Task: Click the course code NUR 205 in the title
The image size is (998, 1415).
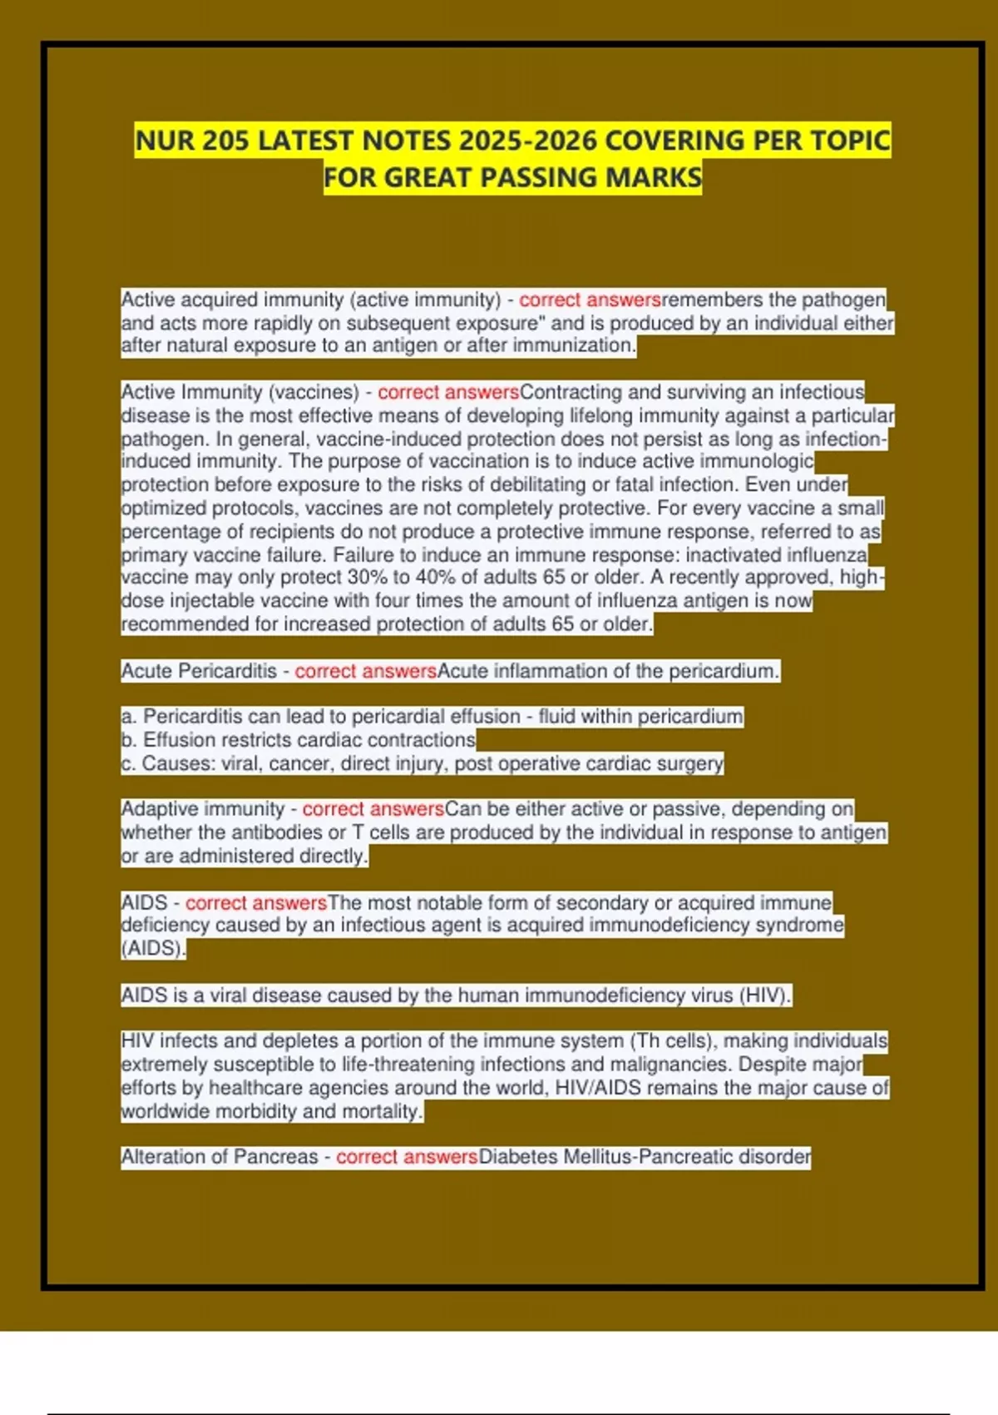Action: pos(192,141)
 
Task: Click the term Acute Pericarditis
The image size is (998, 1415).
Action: pos(199,671)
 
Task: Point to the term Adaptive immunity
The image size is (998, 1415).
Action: pos(203,809)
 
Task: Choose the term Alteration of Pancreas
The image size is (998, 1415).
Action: pos(220,1157)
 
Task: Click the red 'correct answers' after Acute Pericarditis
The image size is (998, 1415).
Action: pos(365,671)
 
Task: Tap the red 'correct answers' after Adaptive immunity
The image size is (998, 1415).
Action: pos(373,809)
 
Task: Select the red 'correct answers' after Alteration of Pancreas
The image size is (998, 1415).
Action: pos(407,1157)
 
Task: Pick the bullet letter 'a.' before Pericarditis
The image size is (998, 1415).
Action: pos(129,717)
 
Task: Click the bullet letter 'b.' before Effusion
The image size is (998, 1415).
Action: pos(129,740)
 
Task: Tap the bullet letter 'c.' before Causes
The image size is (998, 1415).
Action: pos(128,763)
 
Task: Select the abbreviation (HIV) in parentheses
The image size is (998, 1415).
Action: pos(765,995)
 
